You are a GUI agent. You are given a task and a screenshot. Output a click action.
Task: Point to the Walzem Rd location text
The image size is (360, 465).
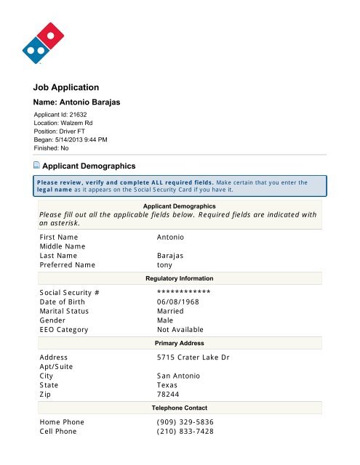pos(79,124)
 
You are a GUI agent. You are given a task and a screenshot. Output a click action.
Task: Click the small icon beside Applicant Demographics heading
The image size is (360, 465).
pos(36,166)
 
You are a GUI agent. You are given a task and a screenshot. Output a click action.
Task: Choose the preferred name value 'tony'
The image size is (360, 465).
pos(165,265)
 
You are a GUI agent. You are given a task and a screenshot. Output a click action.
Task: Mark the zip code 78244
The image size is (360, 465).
pos(169,394)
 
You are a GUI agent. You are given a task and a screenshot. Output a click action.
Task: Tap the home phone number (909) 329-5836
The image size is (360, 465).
pos(188,422)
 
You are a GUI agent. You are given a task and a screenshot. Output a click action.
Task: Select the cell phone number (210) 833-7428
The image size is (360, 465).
pos(188,432)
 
